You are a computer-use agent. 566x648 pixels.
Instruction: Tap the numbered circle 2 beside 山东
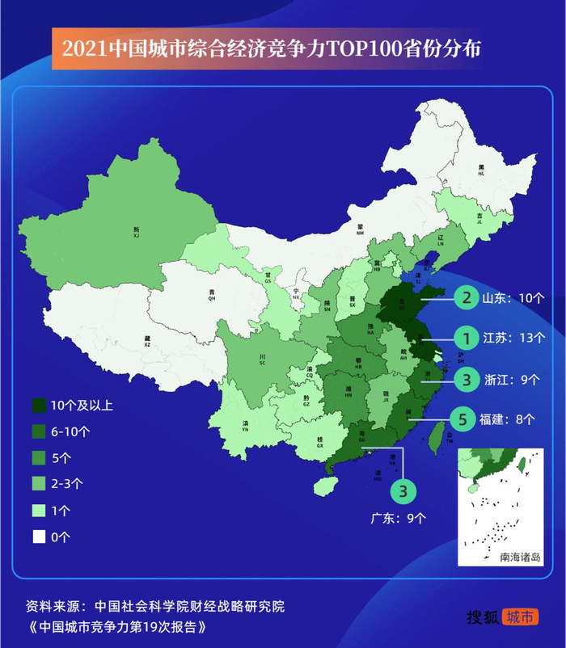466,297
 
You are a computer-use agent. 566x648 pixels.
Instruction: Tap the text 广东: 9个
400,518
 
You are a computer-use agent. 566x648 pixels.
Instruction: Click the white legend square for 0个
39,536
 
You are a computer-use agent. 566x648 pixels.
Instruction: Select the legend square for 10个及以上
39,405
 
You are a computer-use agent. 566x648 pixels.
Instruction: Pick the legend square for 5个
39,457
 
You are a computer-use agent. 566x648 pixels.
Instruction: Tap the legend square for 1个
39,510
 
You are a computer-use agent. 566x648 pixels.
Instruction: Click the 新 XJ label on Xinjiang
137,232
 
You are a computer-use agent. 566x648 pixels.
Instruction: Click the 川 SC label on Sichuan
262,360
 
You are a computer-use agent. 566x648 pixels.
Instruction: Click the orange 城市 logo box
520,616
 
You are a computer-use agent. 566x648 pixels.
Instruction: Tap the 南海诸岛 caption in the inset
520,557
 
